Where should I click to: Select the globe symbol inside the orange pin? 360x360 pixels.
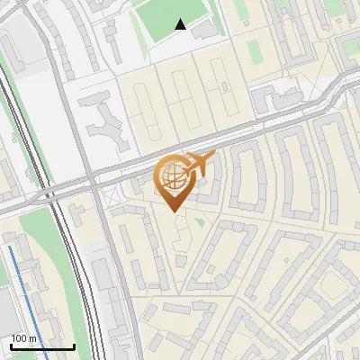tap(173, 174)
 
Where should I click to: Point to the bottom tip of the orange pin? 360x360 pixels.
tap(175, 211)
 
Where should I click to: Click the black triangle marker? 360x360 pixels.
tap(181, 24)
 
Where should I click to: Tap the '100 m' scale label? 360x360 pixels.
tap(23, 338)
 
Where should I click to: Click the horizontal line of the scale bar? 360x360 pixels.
tap(41, 346)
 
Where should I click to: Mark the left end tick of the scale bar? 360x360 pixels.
tap(10, 345)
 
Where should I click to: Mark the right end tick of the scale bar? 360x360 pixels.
tap(74, 345)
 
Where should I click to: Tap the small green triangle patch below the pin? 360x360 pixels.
tap(199, 220)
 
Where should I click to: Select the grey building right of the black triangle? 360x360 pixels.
tap(205, 30)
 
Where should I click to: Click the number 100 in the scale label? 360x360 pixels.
tap(20, 338)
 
